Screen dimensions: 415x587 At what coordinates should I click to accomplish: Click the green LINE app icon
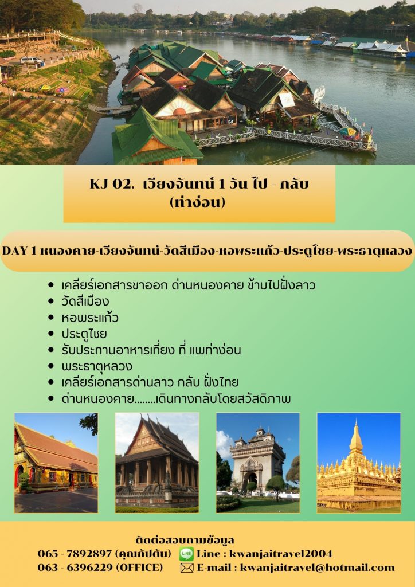coord(186,554)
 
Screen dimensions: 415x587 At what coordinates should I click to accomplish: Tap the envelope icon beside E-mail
coord(187,568)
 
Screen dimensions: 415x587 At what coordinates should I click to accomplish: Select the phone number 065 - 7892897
coord(75,554)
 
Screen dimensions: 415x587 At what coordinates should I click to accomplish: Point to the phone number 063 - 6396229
coord(75,568)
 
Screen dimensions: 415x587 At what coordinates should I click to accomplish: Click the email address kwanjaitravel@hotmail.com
coord(317,568)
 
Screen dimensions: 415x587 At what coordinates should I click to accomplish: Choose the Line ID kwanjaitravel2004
coord(281,554)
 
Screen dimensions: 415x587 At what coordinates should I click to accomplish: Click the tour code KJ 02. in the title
coord(112,184)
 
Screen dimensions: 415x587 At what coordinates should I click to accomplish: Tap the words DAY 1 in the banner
coord(19,251)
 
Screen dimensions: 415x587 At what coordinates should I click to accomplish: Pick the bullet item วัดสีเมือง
coord(85,302)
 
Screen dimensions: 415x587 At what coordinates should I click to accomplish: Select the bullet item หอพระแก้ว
coord(90,318)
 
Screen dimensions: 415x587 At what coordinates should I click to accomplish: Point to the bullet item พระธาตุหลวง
coord(97,366)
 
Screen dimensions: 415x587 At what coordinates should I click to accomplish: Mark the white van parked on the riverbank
coord(32,61)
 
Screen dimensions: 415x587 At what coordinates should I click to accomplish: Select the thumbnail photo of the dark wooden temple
coord(157,463)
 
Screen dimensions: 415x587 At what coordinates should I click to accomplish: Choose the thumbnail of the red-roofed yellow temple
coord(56,463)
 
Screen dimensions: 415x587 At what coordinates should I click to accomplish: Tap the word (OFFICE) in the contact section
coord(140,568)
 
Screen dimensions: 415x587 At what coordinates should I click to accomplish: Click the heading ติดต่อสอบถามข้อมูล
coord(185,540)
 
